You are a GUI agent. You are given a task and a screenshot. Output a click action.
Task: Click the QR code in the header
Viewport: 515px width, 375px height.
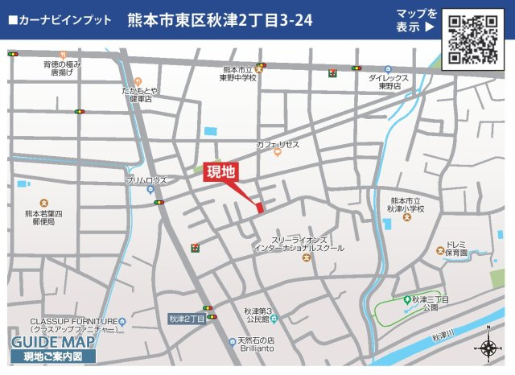click(x=472, y=39)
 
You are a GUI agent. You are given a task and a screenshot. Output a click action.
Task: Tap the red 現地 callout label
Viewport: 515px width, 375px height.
click(x=220, y=171)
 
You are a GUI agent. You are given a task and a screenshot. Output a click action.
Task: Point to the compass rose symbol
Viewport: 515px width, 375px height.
click(x=488, y=347)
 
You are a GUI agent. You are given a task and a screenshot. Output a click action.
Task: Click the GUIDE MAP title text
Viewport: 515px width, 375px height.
click(x=53, y=341)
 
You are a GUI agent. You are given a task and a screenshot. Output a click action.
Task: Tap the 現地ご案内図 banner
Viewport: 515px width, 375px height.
click(x=52, y=356)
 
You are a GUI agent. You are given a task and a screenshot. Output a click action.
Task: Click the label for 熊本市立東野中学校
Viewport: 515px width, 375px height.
click(x=239, y=75)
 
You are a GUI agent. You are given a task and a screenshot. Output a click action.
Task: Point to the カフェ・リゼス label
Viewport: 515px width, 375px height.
click(x=278, y=144)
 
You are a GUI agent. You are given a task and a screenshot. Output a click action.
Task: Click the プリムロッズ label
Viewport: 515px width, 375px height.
click(x=146, y=181)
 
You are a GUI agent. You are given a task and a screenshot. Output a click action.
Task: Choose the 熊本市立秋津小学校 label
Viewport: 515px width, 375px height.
click(x=405, y=204)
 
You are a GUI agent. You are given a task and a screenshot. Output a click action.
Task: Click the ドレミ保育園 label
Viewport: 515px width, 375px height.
click(x=455, y=247)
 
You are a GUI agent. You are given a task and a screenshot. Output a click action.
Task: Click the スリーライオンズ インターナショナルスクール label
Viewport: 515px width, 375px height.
click(x=298, y=244)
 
